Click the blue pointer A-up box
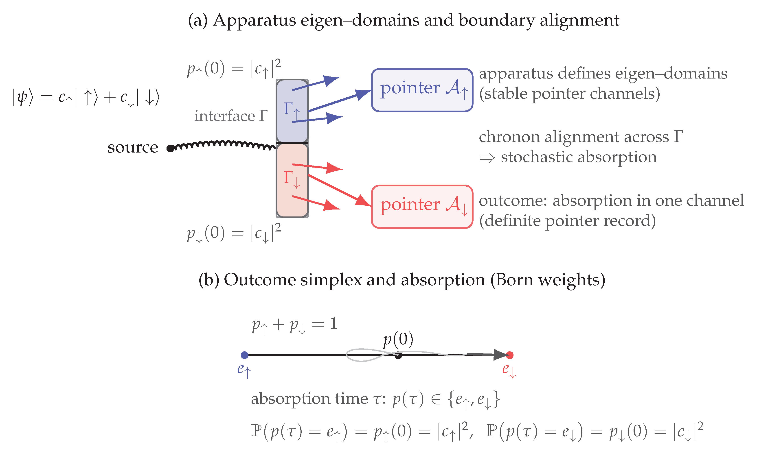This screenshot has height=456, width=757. tap(422, 90)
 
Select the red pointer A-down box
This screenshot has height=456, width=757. tap(422, 207)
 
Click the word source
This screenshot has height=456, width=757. tap(133, 147)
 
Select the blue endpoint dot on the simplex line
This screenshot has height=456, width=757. tap(245, 355)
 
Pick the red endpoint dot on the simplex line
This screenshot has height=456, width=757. tap(510, 355)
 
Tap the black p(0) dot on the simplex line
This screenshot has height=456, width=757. tap(398, 356)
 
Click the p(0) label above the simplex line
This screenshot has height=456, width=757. tap(398, 340)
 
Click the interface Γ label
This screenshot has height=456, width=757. tap(231, 116)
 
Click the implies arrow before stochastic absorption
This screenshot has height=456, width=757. tap(487, 158)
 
